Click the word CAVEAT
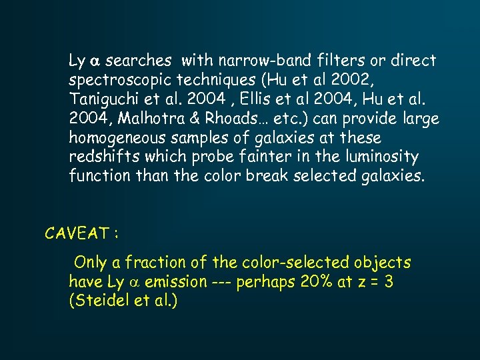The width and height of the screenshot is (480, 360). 75,233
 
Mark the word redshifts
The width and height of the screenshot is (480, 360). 99,157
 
